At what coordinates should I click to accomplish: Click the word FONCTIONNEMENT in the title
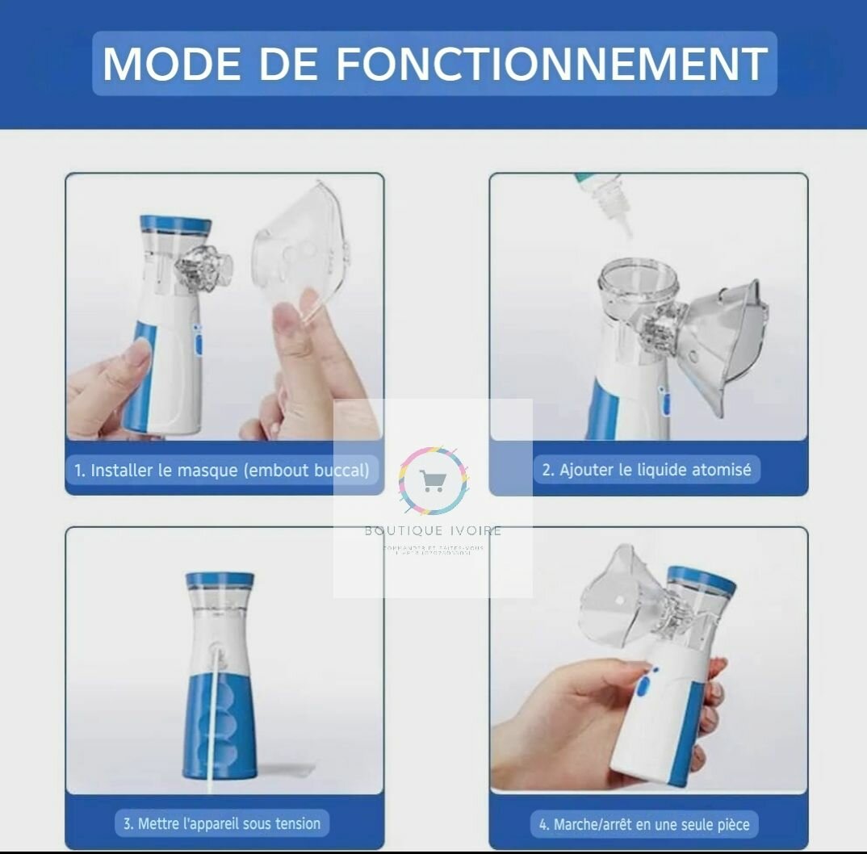[x=551, y=64]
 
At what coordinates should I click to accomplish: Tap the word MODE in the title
[x=171, y=64]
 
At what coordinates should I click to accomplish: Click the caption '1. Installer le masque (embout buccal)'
[x=221, y=470]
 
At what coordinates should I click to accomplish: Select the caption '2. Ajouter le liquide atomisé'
[x=646, y=469]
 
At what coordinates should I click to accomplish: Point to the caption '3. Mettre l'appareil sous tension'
[x=221, y=823]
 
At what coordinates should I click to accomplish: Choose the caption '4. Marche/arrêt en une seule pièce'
[x=644, y=824]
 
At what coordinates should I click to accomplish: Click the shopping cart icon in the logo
[x=432, y=482]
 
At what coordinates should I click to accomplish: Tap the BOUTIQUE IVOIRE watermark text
[x=433, y=530]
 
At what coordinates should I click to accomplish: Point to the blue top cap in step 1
[x=175, y=224]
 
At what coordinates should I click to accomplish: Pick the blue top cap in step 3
[x=220, y=580]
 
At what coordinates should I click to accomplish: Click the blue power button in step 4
[x=643, y=685]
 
